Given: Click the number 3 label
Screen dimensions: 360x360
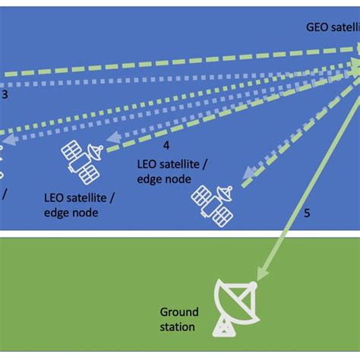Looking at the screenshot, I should pyautogui.click(x=5, y=95).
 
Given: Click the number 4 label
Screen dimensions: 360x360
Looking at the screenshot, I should pyautogui.click(x=166, y=144).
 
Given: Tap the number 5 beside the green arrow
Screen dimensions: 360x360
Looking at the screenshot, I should pyautogui.click(x=307, y=213).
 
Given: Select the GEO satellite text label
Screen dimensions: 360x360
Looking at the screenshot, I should pyautogui.click(x=328, y=25).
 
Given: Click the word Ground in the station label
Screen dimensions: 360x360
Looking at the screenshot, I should pyautogui.click(x=178, y=312).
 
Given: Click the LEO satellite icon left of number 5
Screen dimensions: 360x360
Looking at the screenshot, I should pyautogui.click(x=212, y=202).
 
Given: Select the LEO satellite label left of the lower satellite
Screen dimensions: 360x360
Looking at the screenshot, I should pyautogui.click(x=79, y=205).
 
